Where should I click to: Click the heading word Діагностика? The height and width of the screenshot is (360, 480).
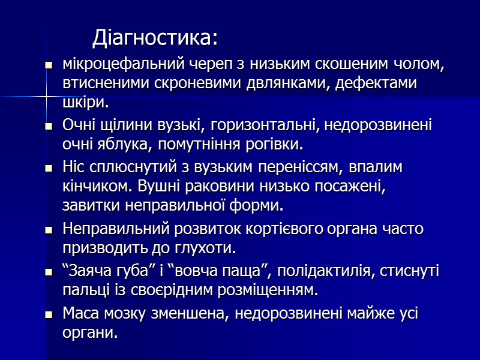pos(153,38)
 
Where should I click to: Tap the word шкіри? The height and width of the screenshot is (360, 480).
pos(85,102)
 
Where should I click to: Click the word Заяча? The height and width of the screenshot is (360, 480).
pos(86,272)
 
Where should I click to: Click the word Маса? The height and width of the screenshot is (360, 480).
pos(79,313)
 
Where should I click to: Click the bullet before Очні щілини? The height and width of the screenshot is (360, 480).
pos(49,127)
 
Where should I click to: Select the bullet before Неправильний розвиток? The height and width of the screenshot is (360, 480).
pos(49,229)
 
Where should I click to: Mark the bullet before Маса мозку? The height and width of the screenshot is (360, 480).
pos(49,314)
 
